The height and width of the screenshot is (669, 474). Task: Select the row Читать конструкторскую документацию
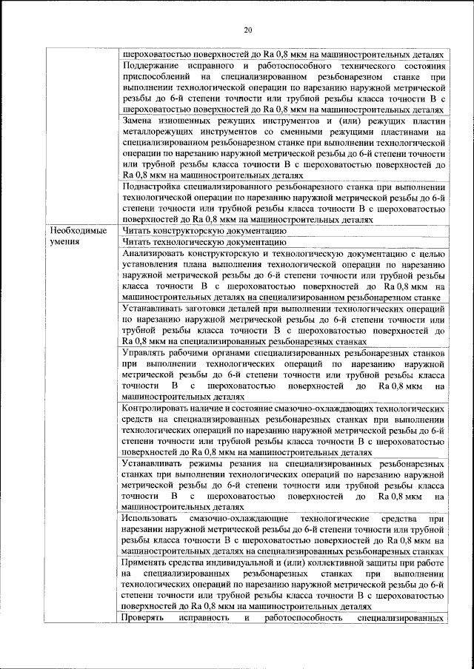click(x=204, y=231)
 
